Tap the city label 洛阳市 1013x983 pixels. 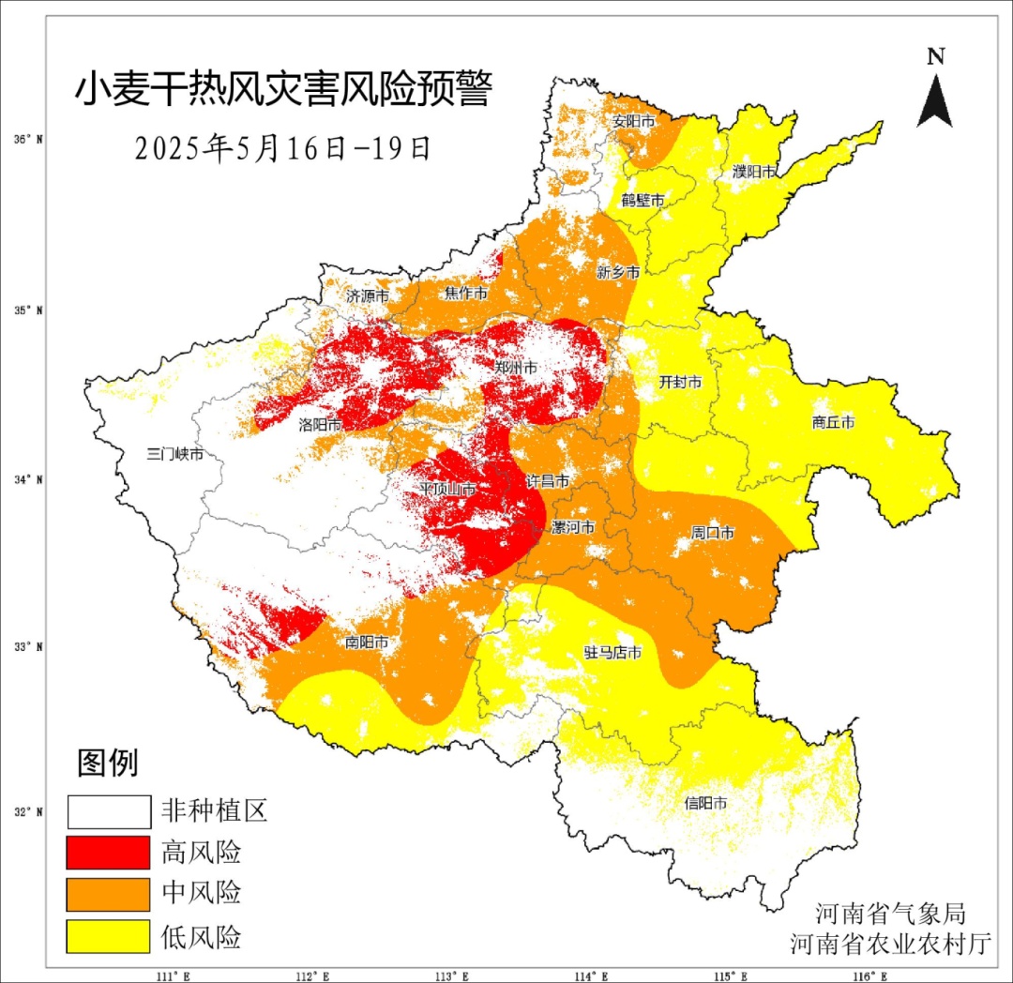point(319,425)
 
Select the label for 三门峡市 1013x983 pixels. point(175,454)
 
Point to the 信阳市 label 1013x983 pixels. point(706,803)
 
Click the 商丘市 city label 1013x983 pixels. point(833,423)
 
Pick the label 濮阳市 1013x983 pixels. point(754,172)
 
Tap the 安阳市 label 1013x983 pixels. point(634,122)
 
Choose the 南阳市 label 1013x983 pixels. point(367,643)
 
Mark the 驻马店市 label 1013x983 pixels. point(612,653)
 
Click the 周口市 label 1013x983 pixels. point(713,533)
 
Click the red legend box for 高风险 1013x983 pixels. point(109,853)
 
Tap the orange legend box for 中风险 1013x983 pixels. point(109,894)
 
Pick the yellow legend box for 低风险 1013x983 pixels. point(109,936)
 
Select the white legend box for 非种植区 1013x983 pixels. point(109,811)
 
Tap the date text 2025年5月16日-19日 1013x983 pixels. point(282,148)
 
